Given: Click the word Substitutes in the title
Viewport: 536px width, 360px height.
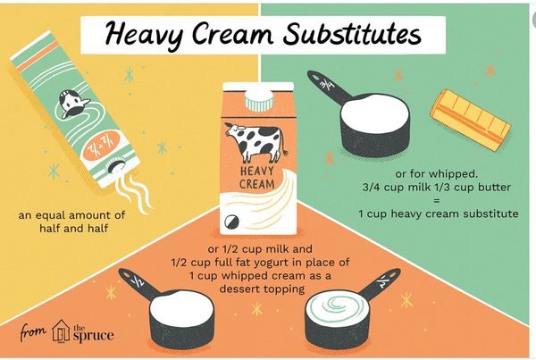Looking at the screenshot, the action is [352, 35].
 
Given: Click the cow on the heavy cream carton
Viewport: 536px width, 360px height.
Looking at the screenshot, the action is [256, 143].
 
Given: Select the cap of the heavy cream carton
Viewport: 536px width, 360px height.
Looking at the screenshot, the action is [259, 101].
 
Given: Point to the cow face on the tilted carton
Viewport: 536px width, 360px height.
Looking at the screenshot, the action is [72, 105].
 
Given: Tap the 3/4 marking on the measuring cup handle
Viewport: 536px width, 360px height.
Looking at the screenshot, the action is [327, 84].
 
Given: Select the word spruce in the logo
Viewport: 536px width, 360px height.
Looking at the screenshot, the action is [93, 335].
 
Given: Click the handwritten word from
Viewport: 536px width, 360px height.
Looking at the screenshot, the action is [33, 331].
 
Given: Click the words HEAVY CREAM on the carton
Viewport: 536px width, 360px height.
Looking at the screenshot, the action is [257, 178].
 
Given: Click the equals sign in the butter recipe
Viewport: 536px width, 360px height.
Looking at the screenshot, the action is [437, 201].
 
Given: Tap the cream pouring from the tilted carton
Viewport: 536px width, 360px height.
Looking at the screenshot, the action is [134, 191].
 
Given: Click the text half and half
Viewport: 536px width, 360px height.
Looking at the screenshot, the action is [73, 228].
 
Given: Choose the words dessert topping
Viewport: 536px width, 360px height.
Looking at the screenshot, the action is [262, 289].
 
